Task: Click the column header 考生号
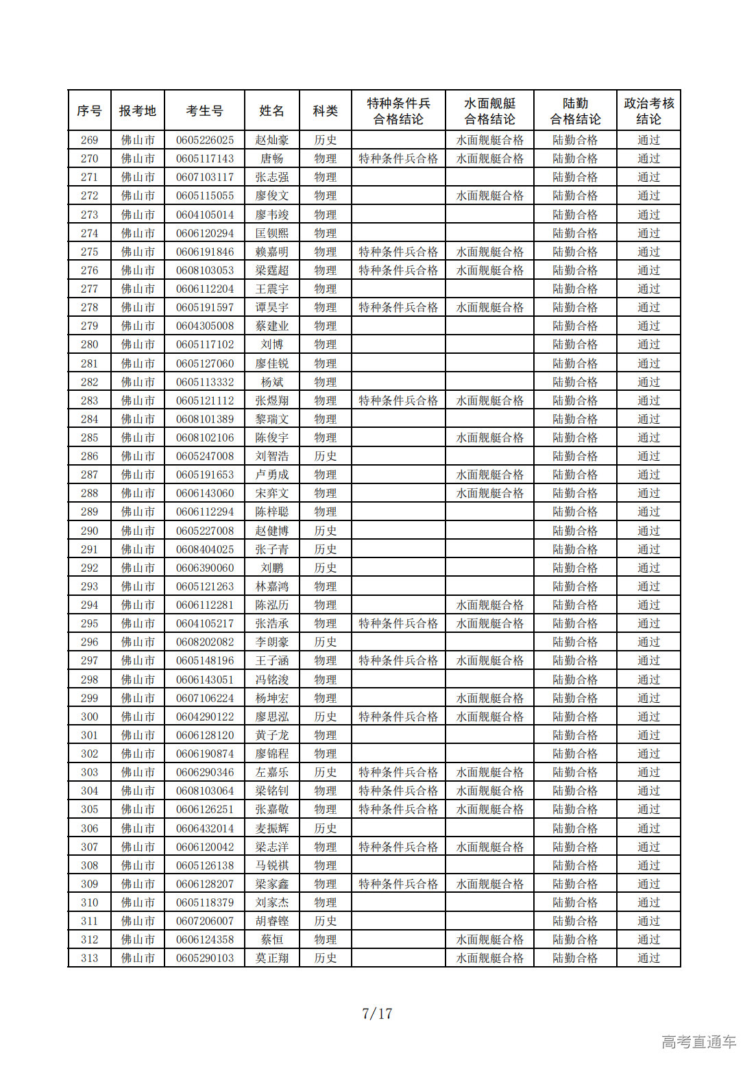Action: pyautogui.click(x=204, y=110)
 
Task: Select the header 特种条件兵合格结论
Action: pyautogui.click(x=398, y=110)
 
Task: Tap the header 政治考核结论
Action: pyautogui.click(x=648, y=110)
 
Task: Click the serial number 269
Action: pyautogui.click(x=89, y=140)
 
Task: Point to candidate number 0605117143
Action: pyautogui.click(x=204, y=158)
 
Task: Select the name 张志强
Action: pyautogui.click(x=272, y=177)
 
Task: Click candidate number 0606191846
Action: pyautogui.click(x=204, y=252)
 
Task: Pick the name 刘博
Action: pyautogui.click(x=272, y=344)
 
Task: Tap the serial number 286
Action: pyautogui.click(x=89, y=456)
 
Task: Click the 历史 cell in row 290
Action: pyautogui.click(x=325, y=531)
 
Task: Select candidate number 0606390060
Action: pyautogui.click(x=204, y=568)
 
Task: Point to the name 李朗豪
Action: pyautogui.click(x=272, y=642)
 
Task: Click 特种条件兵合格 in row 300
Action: pyautogui.click(x=398, y=717)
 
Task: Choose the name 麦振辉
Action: pyautogui.click(x=272, y=828)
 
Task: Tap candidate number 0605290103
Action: pyautogui.click(x=204, y=958)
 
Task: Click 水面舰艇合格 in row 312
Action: pyautogui.click(x=489, y=939)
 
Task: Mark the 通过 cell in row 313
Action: pyautogui.click(x=648, y=958)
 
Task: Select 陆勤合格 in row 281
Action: pyautogui.click(x=575, y=363)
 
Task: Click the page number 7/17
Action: pyautogui.click(x=377, y=1013)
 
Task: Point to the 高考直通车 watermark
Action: pyautogui.click(x=698, y=1042)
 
